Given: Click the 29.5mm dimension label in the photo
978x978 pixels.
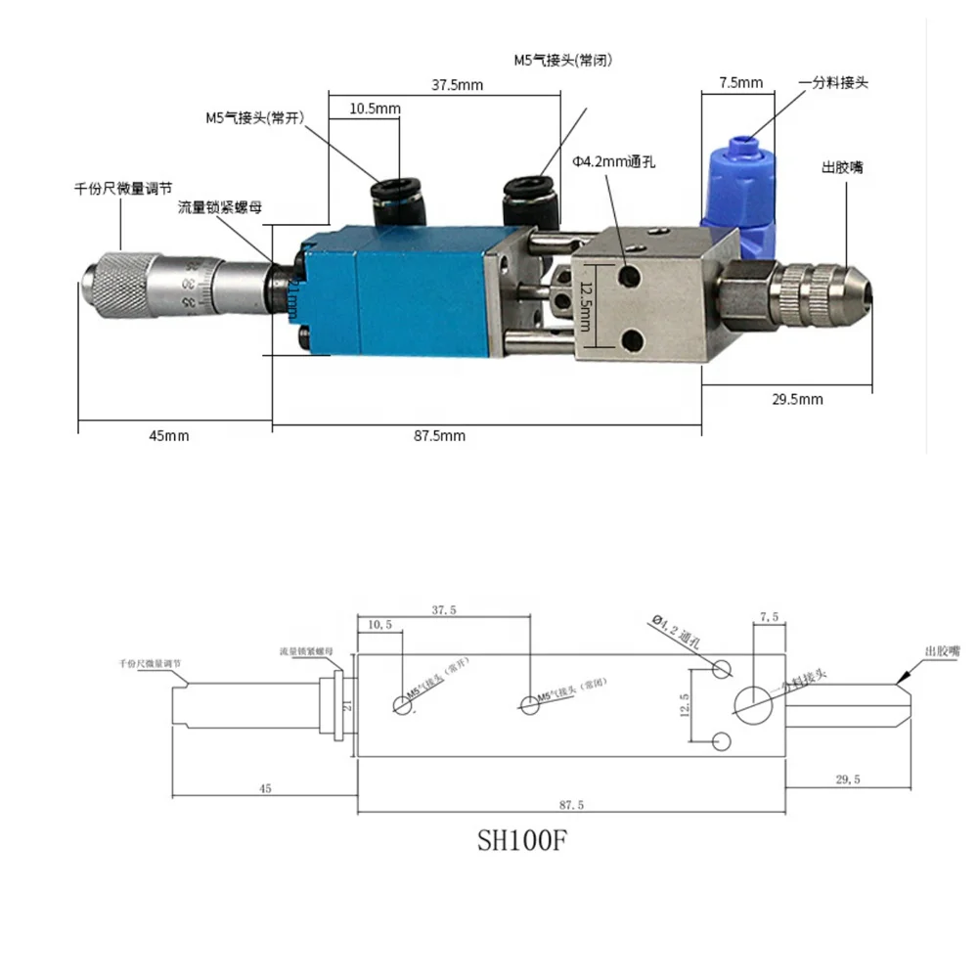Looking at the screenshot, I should [x=796, y=399].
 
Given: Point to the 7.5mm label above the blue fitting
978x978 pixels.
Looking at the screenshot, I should [x=740, y=82].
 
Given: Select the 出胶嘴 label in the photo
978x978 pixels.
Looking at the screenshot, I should [x=841, y=165].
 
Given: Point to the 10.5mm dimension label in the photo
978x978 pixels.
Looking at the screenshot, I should [x=375, y=109].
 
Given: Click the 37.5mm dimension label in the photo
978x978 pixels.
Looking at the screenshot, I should [x=458, y=84].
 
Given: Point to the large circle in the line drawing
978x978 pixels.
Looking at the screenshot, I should [x=752, y=703].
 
